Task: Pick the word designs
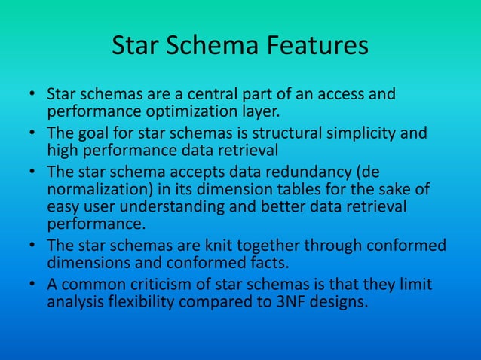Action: pyautogui.click(x=338, y=301)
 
